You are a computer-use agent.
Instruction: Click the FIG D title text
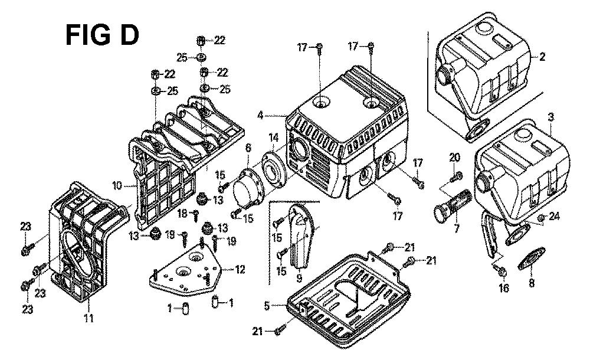coord(102,35)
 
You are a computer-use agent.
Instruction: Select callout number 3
coord(550,118)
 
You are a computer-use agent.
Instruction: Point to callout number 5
coord(267,306)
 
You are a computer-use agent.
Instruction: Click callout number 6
coord(248,147)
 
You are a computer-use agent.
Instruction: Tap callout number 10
coord(117,185)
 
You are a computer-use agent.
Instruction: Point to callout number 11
coord(88,319)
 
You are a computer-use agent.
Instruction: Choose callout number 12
coord(240,270)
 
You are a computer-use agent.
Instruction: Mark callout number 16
coord(503,289)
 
